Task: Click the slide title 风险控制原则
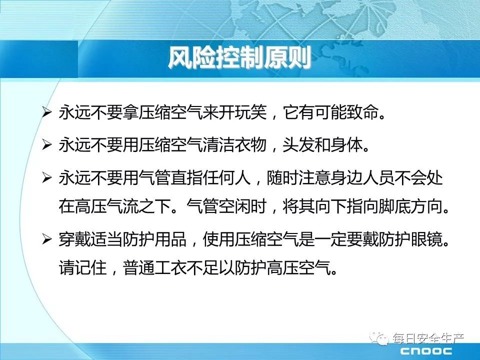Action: click(239, 57)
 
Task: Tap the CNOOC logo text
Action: click(426, 351)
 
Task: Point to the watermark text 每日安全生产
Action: click(428, 338)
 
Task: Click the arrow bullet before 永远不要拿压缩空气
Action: click(47, 112)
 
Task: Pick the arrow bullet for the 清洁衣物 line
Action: click(47, 144)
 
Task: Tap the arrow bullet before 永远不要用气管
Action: click(47, 177)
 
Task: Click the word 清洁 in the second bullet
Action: click(218, 144)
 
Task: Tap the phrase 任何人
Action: click(226, 177)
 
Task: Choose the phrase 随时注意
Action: click(298, 177)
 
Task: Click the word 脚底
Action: click(394, 206)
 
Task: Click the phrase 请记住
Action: click(83, 268)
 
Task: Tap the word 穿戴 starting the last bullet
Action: click(75, 239)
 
